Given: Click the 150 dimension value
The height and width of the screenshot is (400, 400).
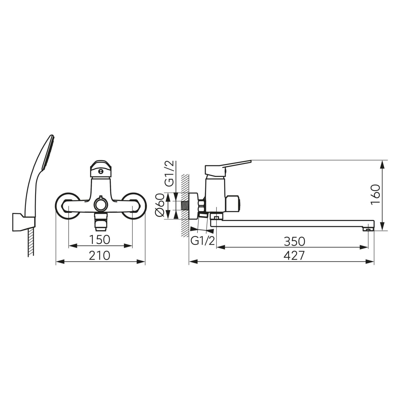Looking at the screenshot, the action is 99,239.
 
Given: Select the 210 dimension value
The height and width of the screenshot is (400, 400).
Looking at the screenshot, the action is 99,255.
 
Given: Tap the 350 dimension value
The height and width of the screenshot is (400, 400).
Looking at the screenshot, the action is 294,241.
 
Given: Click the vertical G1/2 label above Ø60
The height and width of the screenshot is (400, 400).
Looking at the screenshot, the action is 170,173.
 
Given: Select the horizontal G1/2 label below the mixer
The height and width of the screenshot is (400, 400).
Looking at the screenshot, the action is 203,241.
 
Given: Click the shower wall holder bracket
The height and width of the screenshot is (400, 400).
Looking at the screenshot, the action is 23,222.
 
